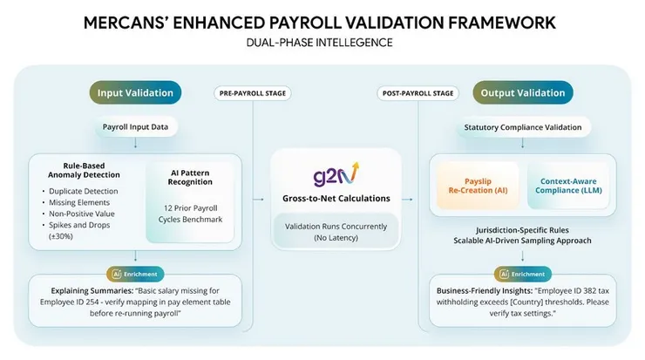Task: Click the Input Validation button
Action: click(135, 92)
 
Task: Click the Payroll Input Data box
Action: click(135, 127)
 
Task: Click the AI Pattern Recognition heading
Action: click(189, 177)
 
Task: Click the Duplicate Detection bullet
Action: click(85, 191)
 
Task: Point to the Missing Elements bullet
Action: click(80, 203)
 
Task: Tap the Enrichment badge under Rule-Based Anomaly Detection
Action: click(135, 273)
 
